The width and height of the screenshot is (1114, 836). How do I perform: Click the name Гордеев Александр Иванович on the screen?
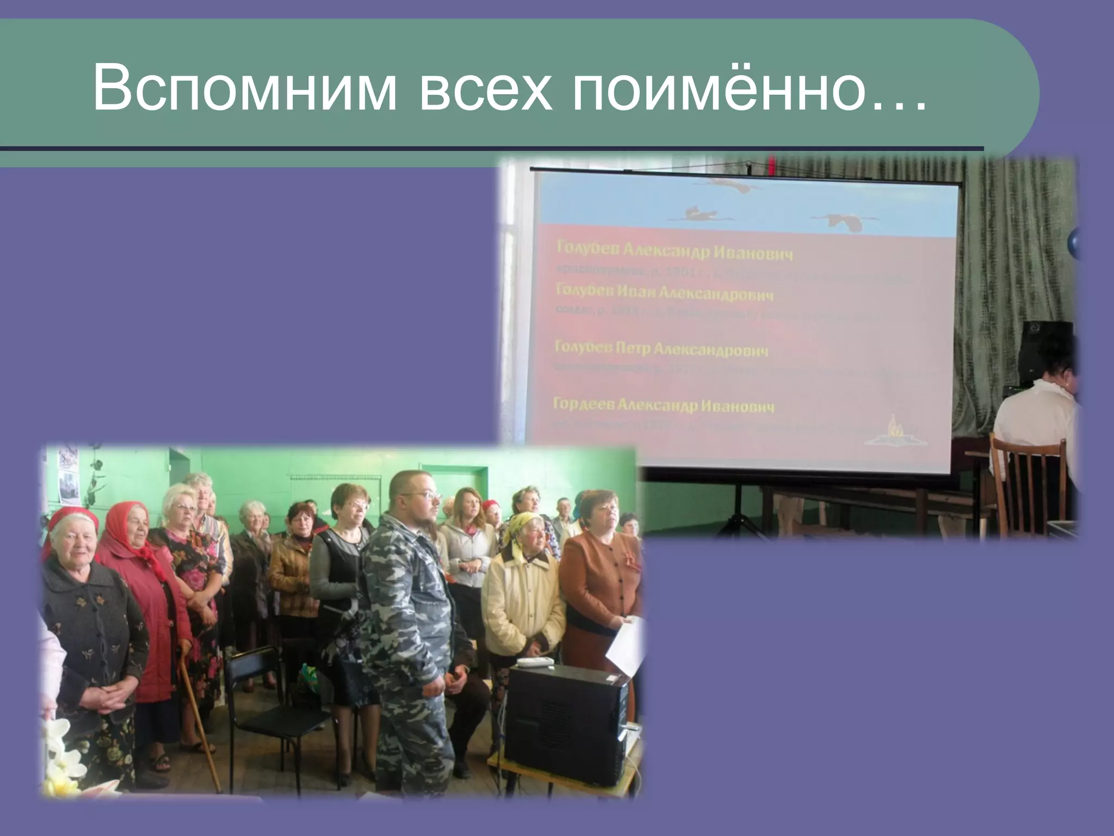coord(663,406)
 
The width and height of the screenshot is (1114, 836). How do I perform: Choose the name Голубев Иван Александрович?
coord(664,293)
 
